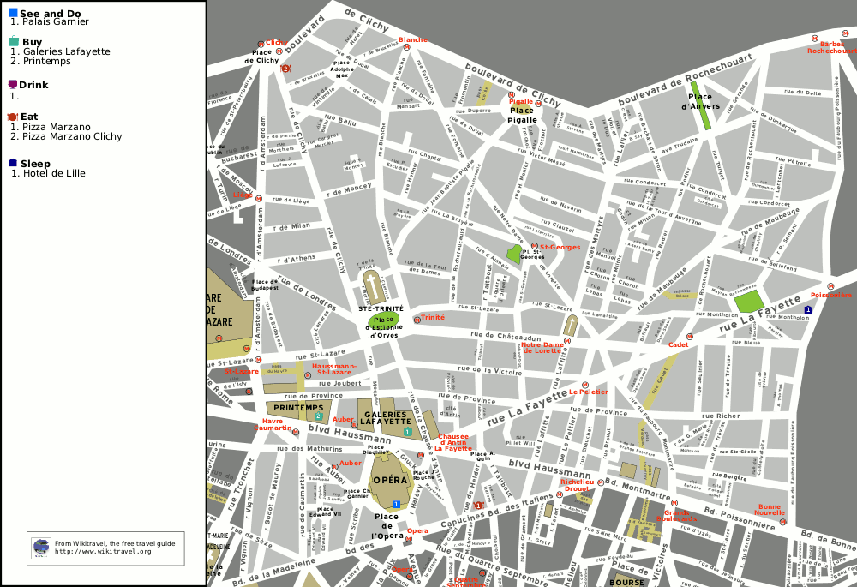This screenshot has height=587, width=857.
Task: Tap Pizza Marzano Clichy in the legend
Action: click(72, 136)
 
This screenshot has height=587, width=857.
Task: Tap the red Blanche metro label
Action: click(412, 39)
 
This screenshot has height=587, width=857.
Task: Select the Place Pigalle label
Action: click(522, 115)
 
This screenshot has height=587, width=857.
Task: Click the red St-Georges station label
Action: click(560, 248)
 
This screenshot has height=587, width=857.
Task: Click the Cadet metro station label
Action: click(678, 344)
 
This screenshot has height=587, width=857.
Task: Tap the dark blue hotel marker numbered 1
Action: click(807, 309)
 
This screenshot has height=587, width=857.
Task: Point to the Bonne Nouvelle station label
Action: click(770, 510)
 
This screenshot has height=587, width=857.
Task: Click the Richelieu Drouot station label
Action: click(576, 485)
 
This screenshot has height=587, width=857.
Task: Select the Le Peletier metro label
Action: click(589, 392)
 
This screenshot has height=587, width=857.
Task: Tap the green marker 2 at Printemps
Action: click(318, 416)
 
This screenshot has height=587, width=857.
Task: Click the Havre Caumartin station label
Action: click(272, 424)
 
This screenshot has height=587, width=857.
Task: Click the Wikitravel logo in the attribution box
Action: click(41, 547)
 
